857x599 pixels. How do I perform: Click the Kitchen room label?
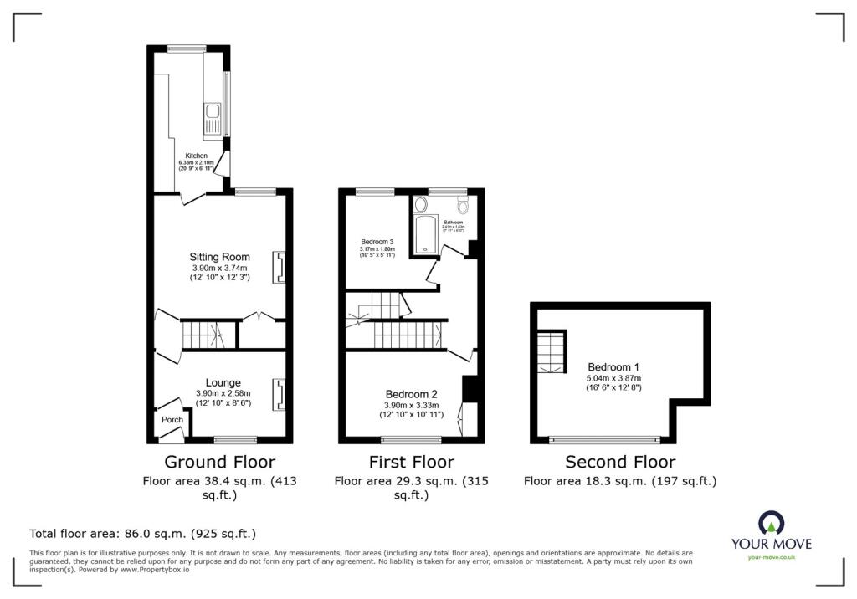click(196, 156)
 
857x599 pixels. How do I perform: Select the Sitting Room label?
click(220, 257)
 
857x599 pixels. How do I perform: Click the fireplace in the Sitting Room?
click(279, 267)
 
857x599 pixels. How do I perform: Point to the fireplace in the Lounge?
click(279, 394)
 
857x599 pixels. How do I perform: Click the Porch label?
click(172, 420)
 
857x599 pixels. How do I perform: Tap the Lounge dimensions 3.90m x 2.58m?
click(223, 393)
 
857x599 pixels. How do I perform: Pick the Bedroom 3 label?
click(377, 241)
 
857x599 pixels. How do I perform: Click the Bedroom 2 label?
click(412, 394)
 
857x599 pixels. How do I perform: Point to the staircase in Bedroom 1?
click(551, 351)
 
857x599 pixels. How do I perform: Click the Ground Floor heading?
click(219, 462)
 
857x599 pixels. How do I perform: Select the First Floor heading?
click(412, 462)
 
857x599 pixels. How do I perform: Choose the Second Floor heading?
click(620, 462)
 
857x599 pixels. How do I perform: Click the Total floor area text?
click(142, 533)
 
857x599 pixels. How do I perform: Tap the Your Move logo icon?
click(770, 523)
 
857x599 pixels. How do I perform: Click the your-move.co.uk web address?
click(771, 556)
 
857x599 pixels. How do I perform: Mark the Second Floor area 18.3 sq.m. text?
click(620, 481)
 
